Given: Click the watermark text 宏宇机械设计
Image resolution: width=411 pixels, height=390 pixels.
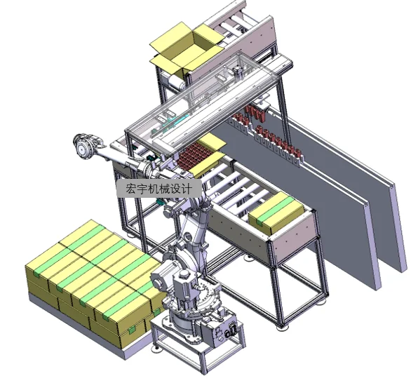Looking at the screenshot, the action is [159, 188].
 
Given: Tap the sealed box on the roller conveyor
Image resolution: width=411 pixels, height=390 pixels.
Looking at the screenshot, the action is [276, 213].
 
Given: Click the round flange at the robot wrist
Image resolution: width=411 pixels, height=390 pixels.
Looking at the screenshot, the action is [83, 147].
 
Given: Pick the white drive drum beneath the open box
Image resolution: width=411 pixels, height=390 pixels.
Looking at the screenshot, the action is [175, 81].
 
